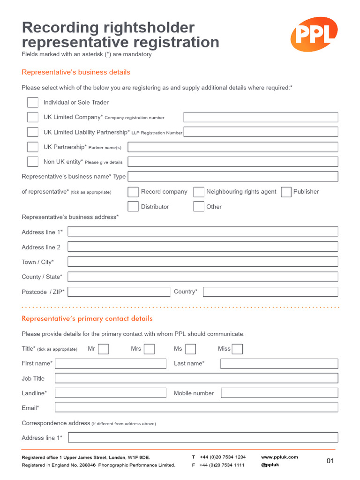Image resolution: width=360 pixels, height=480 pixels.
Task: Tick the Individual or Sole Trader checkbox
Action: point(33,102)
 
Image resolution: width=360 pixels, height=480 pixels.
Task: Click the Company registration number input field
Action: point(261,117)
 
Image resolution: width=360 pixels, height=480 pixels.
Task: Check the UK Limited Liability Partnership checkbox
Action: point(33,132)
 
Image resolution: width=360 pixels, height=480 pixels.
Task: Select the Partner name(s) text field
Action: point(232,147)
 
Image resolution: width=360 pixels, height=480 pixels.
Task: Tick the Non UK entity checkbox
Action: point(33,162)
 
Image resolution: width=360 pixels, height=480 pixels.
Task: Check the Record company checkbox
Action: point(133,192)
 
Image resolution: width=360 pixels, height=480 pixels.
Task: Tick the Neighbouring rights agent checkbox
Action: point(199,192)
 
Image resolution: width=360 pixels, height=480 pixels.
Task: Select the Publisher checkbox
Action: point(286,192)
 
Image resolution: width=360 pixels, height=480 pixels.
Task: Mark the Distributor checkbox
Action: point(133,207)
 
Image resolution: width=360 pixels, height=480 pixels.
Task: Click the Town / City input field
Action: point(202,262)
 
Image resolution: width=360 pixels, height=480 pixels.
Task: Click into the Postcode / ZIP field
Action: point(119,292)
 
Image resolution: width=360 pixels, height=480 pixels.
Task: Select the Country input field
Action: point(270,292)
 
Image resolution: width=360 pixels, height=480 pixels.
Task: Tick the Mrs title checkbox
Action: point(149,349)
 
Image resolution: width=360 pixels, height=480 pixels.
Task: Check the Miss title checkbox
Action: point(237,349)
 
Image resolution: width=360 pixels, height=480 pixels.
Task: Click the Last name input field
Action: point(279,364)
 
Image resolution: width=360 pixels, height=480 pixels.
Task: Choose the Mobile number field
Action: point(279,393)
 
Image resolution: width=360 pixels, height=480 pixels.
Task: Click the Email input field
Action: point(196,408)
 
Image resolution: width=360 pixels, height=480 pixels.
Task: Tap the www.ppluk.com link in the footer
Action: point(279,457)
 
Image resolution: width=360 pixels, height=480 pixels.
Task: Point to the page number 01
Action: point(330,461)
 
